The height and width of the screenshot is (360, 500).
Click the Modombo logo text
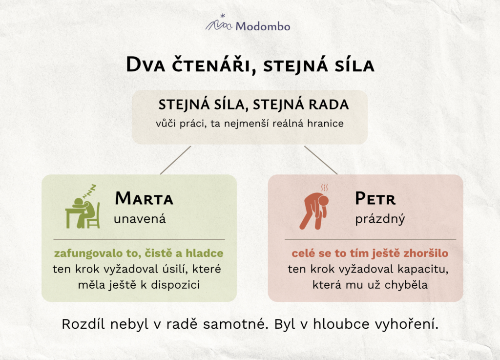tap(263, 26)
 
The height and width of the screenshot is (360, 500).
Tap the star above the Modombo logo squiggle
tap(223, 16)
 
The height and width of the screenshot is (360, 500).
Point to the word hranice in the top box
tap(325, 124)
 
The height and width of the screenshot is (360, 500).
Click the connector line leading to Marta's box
tap(175, 160)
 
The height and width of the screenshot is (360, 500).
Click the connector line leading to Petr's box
tap(320, 160)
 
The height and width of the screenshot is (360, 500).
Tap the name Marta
tap(144, 198)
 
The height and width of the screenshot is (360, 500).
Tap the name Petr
tap(375, 198)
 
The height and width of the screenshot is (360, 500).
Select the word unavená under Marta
tap(140, 219)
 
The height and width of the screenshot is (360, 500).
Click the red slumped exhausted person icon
tap(314, 211)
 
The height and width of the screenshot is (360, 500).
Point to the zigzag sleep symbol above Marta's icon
tap(90, 191)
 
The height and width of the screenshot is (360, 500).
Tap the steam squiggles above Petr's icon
tap(324, 188)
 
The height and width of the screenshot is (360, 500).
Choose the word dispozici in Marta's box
tap(175, 285)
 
